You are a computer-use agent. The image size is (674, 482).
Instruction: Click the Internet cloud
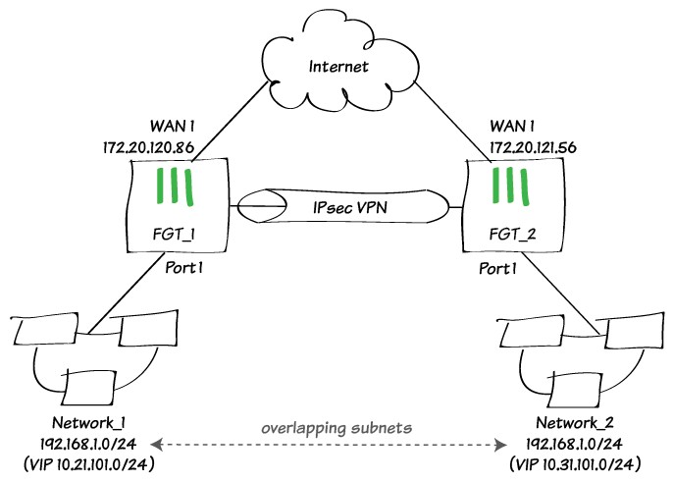point(338,67)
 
